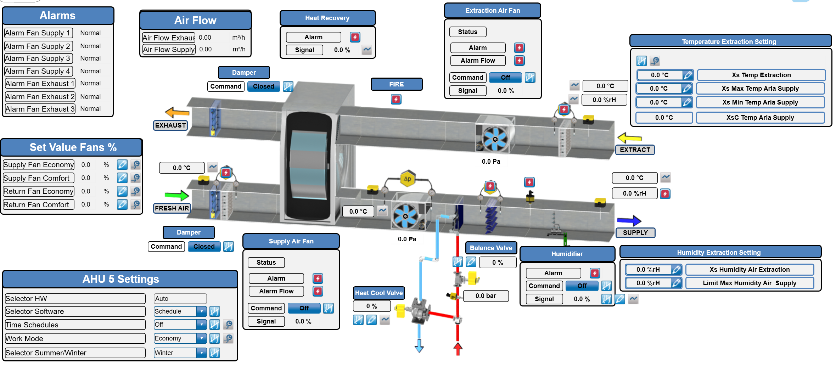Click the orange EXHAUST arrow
177,113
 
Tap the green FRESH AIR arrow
177,195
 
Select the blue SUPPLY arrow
629,221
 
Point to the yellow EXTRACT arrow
629,138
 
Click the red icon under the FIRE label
396,99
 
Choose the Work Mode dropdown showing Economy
180,338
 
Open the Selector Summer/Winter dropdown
180,353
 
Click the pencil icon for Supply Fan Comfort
122,178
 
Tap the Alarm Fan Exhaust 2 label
40,97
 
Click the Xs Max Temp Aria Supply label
760,89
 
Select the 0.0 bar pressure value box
486,296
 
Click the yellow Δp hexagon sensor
408,179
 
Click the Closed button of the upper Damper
263,86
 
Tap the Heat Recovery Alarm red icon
355,37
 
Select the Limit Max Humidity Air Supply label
750,283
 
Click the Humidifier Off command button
582,286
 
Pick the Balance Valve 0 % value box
497,263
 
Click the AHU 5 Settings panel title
120,279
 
